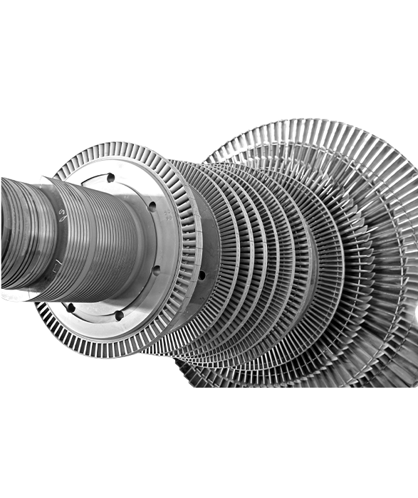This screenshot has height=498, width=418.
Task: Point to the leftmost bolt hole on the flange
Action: [70, 307]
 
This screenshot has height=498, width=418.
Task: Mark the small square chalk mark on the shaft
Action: [53, 265]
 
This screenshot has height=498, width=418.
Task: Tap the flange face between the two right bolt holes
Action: [158, 238]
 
